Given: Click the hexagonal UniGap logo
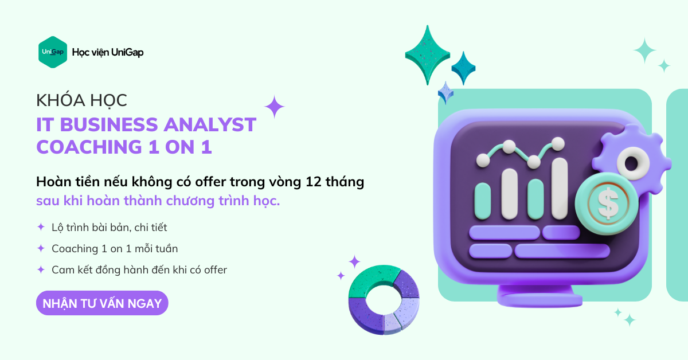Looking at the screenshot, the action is coord(53,52).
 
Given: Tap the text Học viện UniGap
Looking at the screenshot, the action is coord(108,53).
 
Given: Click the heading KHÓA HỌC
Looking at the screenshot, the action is coord(81,101).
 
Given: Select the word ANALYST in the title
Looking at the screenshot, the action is coord(210,125).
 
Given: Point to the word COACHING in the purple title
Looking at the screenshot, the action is coord(89,147).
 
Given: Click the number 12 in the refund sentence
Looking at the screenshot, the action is coord(313,182).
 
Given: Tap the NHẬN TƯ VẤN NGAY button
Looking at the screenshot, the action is coord(102,303).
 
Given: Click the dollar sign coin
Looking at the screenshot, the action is coord(607,203).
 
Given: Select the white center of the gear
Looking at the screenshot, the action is coord(632,163).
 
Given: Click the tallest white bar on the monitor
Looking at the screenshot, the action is coord(560,188).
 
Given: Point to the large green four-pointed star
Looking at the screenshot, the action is coord(427,55).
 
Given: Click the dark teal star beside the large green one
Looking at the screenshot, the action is coord(463,68).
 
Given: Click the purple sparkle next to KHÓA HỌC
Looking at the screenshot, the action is coord(274,107).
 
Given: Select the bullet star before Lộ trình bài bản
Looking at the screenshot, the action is coord(41,227).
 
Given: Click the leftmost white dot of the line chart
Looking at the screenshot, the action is coord(483,161).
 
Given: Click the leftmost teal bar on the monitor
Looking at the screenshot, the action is coord(483,201).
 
